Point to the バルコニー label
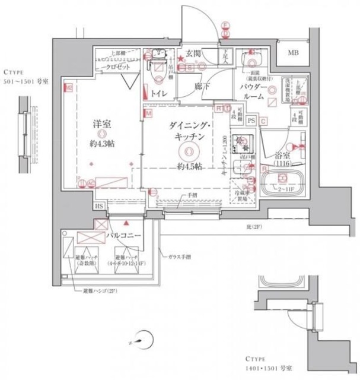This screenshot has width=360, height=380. (123, 236)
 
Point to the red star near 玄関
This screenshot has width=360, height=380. (181, 58)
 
